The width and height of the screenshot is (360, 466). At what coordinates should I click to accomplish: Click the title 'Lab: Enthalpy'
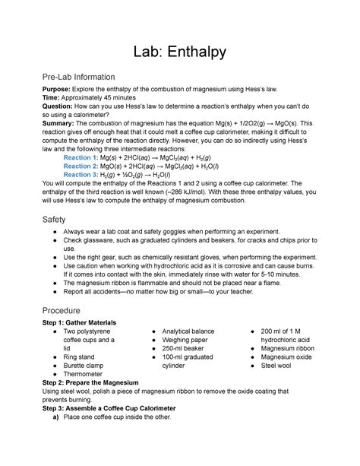click(179, 51)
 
